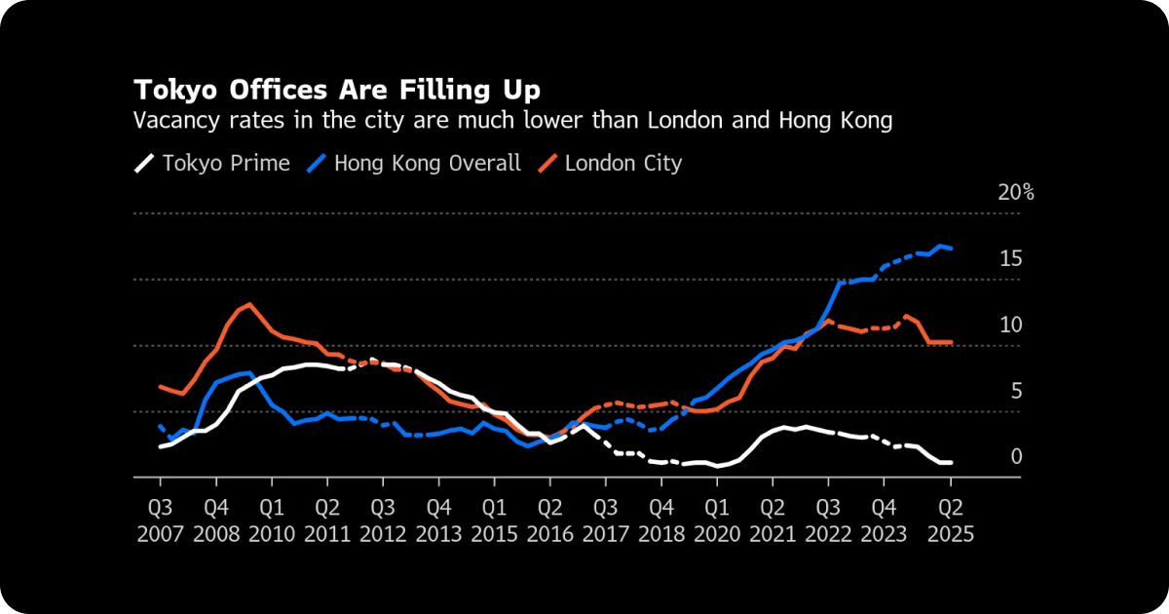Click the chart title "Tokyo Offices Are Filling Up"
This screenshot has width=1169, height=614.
tap(336, 91)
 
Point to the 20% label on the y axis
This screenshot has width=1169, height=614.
tap(1015, 192)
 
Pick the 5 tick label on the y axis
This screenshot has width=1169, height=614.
tap(1015, 391)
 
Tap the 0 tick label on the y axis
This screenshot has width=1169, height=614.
tap(1015, 457)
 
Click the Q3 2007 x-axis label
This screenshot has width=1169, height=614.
tap(161, 520)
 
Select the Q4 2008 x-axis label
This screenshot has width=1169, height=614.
tap(216, 520)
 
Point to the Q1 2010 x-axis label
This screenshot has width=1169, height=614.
tap(272, 520)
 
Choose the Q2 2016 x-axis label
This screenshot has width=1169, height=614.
tap(549, 520)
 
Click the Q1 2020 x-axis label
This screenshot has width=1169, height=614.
tap(717, 520)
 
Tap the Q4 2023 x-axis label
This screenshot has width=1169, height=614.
tap(884, 520)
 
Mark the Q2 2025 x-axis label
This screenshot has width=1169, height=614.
tap(950, 520)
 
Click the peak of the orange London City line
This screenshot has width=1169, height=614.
tap(250, 304)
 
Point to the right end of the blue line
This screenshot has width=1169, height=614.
tap(951, 249)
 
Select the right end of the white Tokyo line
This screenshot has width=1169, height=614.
tap(951, 462)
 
